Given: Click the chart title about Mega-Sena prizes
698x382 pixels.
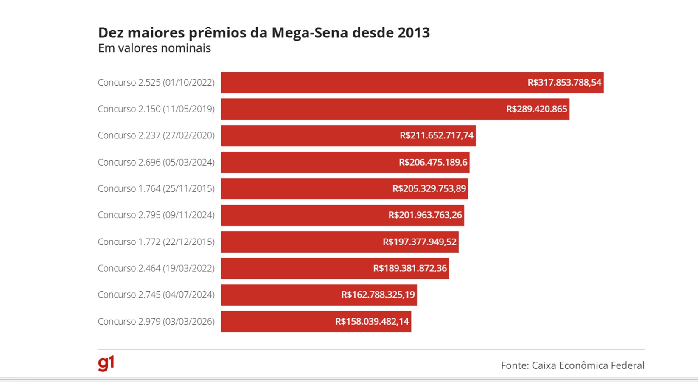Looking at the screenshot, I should click(x=264, y=33).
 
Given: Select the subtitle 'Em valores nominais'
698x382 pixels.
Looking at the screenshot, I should click(x=154, y=48).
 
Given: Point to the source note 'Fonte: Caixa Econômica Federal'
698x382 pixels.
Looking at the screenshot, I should click(x=572, y=365).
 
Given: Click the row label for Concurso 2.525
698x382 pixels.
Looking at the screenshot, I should click(x=156, y=83).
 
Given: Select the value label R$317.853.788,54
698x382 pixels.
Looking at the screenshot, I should click(x=564, y=83).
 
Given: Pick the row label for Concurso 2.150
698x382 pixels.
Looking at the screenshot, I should click(x=156, y=109).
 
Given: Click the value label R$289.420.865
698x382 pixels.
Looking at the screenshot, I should click(x=536, y=109).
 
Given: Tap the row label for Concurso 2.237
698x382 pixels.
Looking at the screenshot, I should click(x=156, y=135).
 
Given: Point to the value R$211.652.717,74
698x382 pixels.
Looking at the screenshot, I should click(x=436, y=135).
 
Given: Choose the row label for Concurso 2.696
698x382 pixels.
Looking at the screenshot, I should click(x=156, y=162).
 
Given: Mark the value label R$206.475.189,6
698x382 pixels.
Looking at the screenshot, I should click(x=433, y=162).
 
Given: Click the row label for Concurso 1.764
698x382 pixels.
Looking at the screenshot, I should click(x=156, y=188).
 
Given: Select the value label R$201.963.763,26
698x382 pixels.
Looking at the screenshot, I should click(x=425, y=215).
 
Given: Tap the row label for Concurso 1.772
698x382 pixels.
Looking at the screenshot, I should click(x=156, y=242).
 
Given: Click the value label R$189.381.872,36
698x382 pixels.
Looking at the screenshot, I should click(x=409, y=268).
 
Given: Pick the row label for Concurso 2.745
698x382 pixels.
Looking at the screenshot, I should click(x=156, y=295).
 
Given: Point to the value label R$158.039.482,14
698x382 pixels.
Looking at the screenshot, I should click(x=372, y=321).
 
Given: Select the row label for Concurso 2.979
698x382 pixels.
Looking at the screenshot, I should click(x=156, y=321).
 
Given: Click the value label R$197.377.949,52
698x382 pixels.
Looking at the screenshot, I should click(x=419, y=242).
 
